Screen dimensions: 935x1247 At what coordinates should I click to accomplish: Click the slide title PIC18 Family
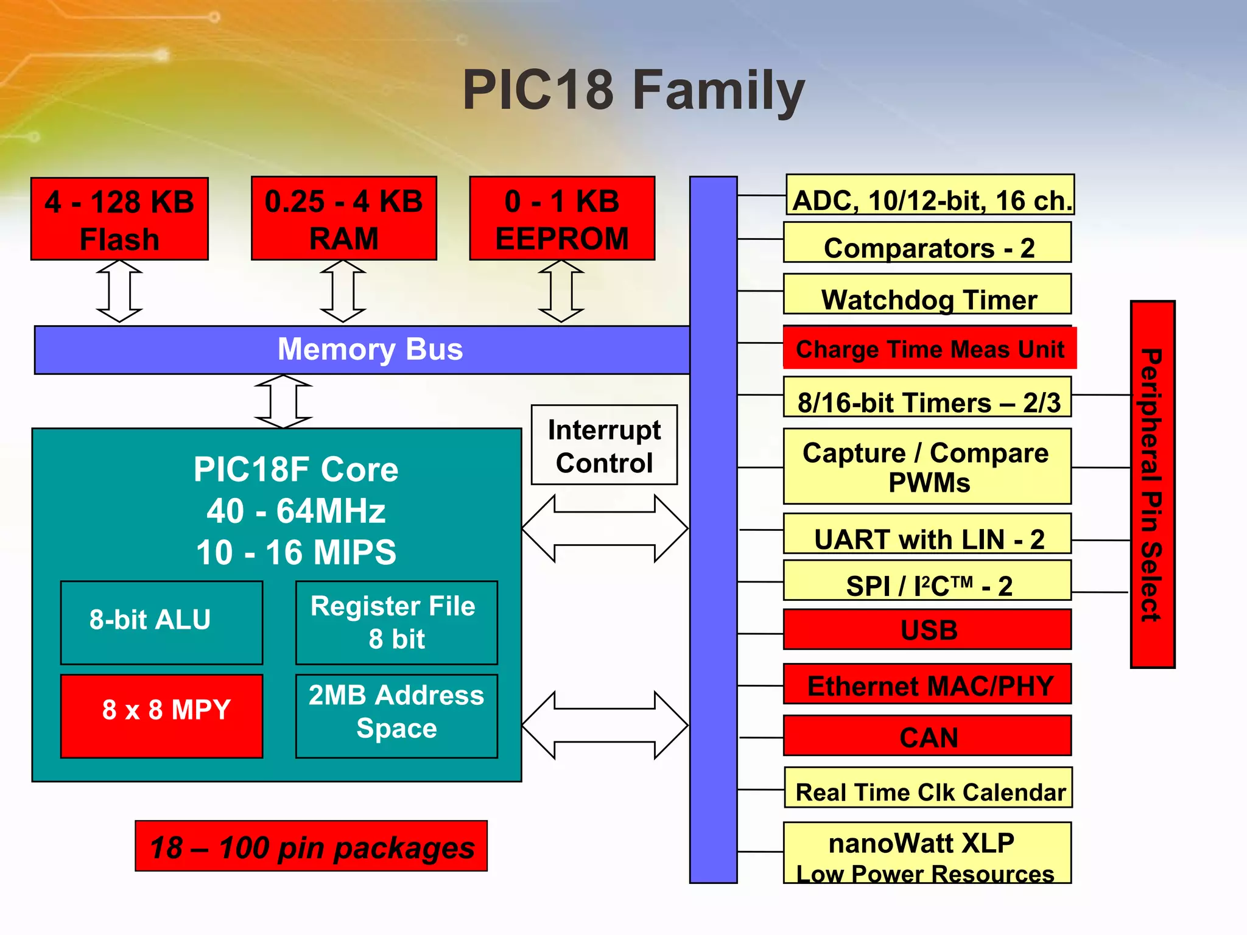click(x=633, y=90)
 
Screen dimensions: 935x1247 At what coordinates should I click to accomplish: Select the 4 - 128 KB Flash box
click(x=119, y=219)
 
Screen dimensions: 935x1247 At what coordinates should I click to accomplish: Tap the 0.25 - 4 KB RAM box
click(x=343, y=219)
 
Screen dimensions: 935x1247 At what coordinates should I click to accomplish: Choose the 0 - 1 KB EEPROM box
click(x=562, y=219)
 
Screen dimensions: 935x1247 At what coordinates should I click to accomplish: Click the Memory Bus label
click(x=370, y=349)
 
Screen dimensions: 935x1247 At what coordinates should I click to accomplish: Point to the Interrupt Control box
click(x=604, y=445)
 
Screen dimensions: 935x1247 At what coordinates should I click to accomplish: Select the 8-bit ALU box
click(x=161, y=622)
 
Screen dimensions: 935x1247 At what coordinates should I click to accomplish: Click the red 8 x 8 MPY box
click(x=161, y=715)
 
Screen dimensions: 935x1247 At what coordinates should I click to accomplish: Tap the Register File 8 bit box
click(x=396, y=622)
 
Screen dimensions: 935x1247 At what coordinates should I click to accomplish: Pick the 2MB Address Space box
click(x=396, y=715)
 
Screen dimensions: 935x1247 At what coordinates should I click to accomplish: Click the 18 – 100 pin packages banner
click(x=311, y=846)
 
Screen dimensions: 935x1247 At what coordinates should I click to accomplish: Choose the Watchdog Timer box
click(x=927, y=295)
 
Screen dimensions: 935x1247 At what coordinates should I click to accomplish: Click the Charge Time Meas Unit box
click(x=929, y=348)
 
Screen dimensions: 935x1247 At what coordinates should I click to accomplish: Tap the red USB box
click(x=927, y=629)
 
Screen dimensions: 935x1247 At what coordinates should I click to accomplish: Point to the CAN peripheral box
click(x=927, y=736)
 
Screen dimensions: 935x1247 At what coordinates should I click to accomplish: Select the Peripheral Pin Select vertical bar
click(x=1152, y=484)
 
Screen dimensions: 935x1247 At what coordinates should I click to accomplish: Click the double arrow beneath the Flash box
click(x=119, y=291)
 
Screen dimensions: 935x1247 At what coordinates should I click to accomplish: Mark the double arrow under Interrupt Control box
click(x=605, y=528)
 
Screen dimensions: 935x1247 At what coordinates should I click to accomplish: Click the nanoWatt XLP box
click(x=927, y=852)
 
